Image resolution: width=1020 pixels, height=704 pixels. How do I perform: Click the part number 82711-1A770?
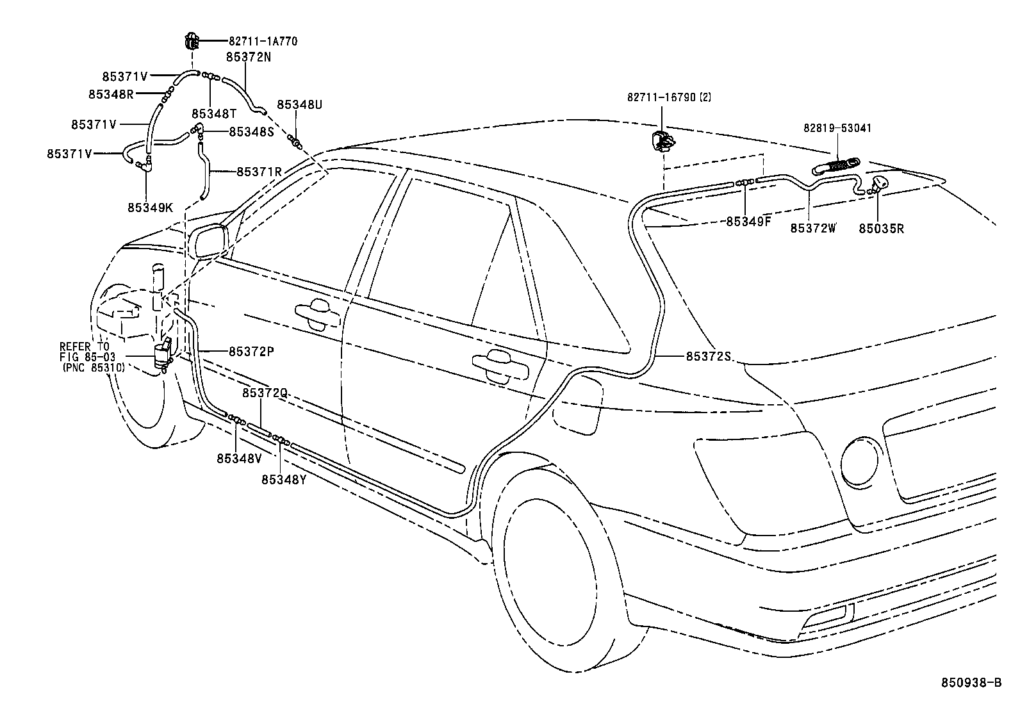(263, 42)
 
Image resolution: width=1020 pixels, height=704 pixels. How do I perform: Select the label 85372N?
(249, 57)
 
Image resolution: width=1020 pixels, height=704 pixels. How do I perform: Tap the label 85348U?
(299, 104)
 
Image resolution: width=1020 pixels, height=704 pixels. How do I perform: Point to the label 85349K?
(150, 207)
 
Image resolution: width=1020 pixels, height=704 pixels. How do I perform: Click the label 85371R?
(259, 172)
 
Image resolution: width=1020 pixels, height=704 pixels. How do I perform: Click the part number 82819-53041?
(837, 128)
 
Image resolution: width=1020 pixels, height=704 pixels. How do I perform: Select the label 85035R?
(881, 228)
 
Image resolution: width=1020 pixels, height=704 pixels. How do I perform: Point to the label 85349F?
(748, 222)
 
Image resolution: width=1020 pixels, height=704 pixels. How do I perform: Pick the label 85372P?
(251, 351)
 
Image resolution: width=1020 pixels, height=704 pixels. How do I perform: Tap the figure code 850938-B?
(970, 684)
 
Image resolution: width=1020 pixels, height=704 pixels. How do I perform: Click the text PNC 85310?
(94, 368)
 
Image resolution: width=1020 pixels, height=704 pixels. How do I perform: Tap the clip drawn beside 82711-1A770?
(192, 41)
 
